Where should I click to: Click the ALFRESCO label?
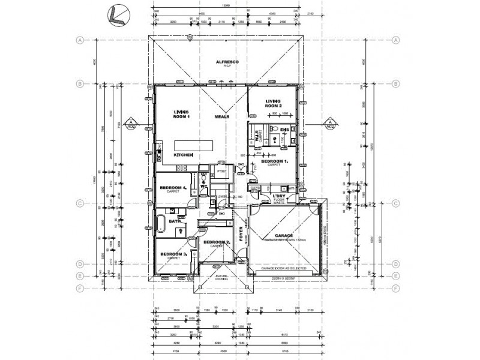[228, 62]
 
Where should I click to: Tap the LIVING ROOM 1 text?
[182, 114]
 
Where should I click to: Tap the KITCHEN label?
[183, 155]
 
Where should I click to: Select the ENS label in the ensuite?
[284, 129]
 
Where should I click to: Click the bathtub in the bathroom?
[161, 226]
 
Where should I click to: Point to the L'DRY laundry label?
[278, 197]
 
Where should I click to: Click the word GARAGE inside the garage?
[284, 235]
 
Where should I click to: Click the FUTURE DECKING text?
[217, 278]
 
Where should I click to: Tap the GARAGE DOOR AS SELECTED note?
[284, 268]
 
